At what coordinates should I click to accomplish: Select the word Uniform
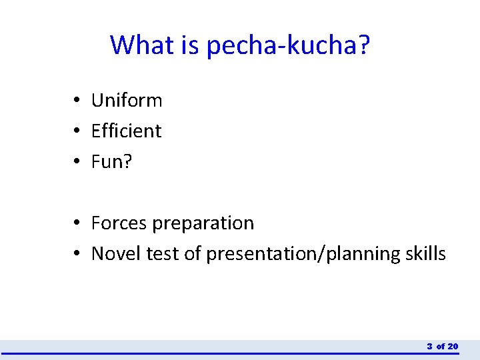click(127, 101)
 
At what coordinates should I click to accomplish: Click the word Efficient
click(126, 131)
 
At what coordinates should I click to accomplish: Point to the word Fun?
click(112, 161)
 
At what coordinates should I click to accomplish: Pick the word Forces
click(119, 223)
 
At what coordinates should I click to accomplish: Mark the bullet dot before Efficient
click(78, 131)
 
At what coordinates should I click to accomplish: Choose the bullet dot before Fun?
click(78, 162)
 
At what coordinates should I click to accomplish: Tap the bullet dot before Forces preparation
click(78, 223)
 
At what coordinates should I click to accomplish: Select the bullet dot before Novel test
click(78, 254)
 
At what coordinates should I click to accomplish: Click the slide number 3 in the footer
click(430, 346)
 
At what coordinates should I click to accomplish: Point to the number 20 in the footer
click(453, 346)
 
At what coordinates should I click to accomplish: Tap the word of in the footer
click(441, 346)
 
